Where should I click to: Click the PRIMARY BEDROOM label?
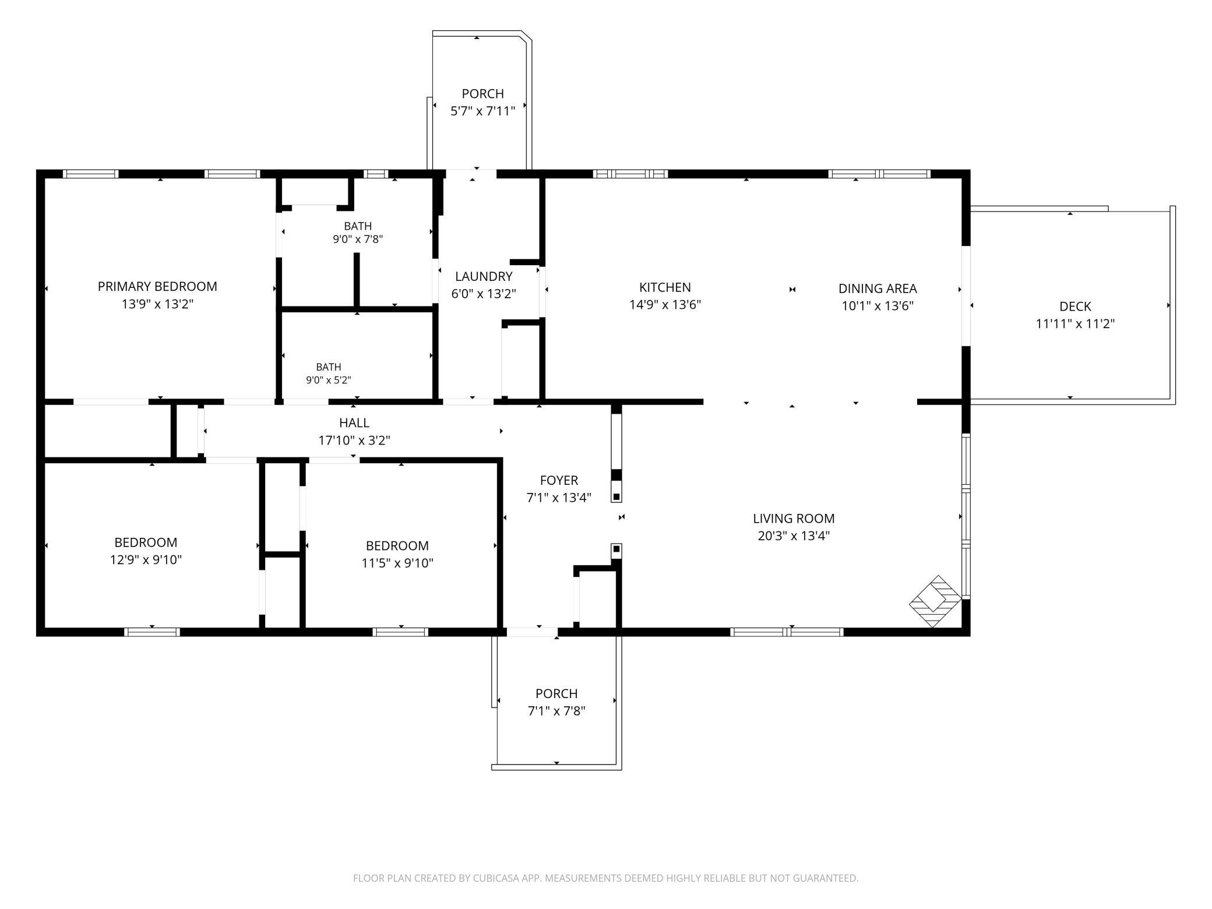pos(157,287)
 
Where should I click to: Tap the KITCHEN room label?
pos(665,287)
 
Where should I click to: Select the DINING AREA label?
pos(878,288)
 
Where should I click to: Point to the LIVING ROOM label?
pos(794,519)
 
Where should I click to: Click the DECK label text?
pos(1075,306)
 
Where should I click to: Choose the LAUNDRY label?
pos(484,277)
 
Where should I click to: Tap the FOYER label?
pos(559,481)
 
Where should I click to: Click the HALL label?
pos(354,423)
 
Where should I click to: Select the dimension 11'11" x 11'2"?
pos(1075,324)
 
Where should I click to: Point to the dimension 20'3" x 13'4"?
pos(794,536)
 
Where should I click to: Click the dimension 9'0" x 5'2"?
pos(329,380)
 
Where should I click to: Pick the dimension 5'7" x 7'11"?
pos(483,111)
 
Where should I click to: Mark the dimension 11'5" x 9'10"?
pos(397,563)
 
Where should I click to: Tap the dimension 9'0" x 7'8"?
pos(358,239)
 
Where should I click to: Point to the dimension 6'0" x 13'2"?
pos(484,294)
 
